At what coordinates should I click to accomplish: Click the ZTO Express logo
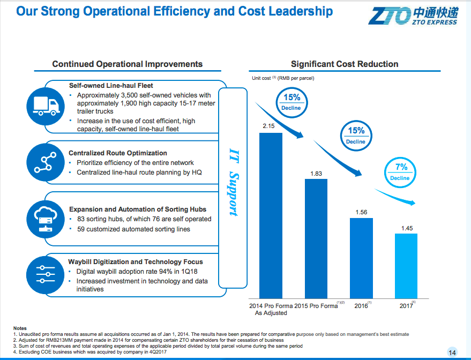tap(412, 15)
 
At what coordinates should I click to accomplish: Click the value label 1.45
tap(407, 228)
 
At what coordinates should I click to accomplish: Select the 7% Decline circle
tap(400, 171)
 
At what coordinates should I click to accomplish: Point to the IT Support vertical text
tap(233, 183)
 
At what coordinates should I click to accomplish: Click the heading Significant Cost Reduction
tap(345, 64)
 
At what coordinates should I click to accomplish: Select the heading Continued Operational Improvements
tap(128, 64)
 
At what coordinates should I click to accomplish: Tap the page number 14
tap(451, 352)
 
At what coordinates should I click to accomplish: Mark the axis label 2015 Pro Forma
tap(316, 306)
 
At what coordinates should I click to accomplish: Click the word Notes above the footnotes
tap(20, 328)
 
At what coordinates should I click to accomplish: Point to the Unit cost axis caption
tap(283, 78)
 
